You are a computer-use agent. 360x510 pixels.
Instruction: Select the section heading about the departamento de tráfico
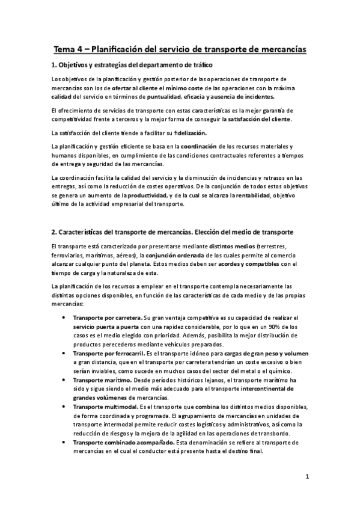(x=132, y=65)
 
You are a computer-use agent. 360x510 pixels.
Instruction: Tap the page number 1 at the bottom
(x=307, y=478)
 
